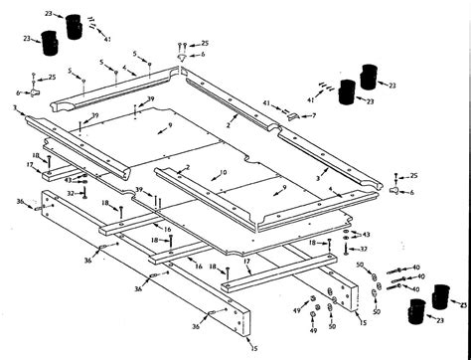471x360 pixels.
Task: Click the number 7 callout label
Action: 315,115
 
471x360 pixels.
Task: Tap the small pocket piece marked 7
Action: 294,117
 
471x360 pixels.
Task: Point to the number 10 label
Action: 224,172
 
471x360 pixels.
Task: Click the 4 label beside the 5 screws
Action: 124,70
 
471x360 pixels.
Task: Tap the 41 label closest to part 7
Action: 265,103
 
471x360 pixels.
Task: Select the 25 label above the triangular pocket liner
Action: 205,44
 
